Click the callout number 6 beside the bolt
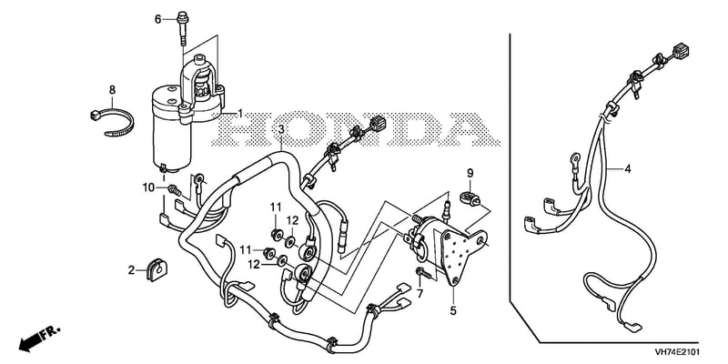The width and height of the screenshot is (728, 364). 157,19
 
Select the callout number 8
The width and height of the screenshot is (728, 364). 112,89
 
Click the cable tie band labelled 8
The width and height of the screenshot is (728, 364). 111,123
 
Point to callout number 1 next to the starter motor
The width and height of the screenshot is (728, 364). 240,113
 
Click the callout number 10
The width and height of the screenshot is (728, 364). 148,187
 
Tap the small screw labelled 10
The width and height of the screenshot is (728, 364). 175,189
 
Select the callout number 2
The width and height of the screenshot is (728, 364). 131,269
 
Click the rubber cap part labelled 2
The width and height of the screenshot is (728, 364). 157,270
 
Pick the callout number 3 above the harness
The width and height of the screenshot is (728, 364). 281,129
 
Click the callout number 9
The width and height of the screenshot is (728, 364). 470,174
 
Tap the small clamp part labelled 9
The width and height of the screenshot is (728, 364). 470,199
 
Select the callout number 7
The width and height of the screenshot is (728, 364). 420,293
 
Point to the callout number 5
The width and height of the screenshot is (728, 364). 453,310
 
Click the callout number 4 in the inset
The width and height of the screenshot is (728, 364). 628,169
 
